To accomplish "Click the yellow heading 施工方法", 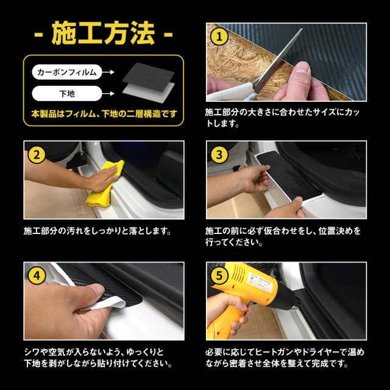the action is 103,33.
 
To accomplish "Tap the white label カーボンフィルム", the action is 67,72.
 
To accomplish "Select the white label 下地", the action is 67,93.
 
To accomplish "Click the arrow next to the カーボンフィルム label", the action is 108,72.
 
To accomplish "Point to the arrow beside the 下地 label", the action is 108,94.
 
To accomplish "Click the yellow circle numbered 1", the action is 219,37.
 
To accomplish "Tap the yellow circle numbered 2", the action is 37,155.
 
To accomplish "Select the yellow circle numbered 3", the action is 219,155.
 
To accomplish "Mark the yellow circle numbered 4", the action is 37,275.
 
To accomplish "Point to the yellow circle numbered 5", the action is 219,275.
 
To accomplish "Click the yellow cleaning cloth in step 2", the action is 104,184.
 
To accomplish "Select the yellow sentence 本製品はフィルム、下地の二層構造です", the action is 104,114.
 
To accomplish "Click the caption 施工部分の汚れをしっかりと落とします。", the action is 97,231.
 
